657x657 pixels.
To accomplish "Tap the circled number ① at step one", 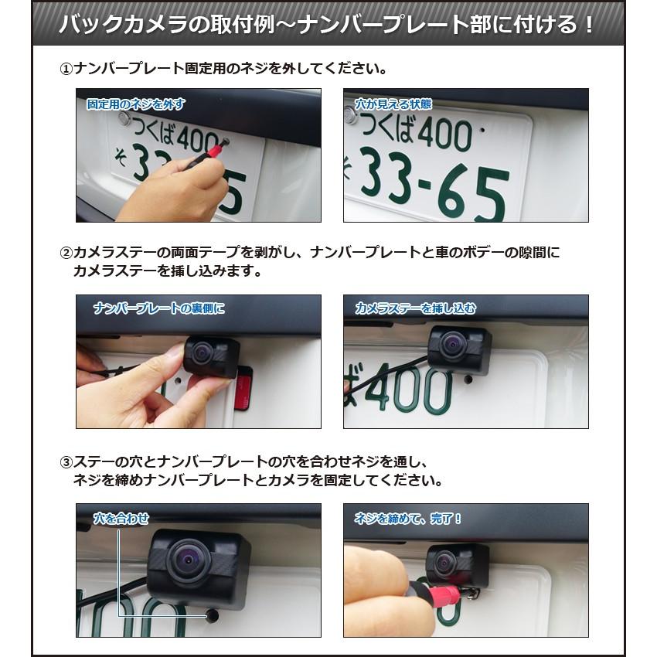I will (x=66, y=69).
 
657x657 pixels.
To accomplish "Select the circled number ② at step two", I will (x=66, y=253).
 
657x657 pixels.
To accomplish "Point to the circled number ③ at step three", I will (x=66, y=462).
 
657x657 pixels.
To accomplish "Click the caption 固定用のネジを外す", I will (x=136, y=104).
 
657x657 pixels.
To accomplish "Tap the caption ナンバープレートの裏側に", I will (x=158, y=308).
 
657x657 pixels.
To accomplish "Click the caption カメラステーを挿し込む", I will (x=416, y=308).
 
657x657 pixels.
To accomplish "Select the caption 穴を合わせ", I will (x=121, y=517).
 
